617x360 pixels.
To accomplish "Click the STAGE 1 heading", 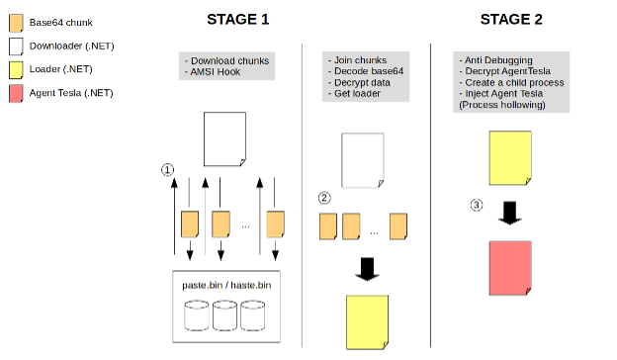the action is coord(237,19).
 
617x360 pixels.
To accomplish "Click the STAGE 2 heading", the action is coord(511,19).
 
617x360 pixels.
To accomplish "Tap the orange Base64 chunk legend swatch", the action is coord(16,23).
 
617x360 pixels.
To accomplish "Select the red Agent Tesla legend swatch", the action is coord(16,94).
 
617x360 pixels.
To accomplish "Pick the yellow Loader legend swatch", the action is coord(16,70).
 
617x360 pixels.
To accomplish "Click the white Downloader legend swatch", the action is coord(16,46).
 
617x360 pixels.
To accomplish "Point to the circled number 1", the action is coord(168,169).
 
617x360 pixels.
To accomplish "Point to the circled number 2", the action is coord(324,198).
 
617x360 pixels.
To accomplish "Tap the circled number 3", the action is coord(477,205).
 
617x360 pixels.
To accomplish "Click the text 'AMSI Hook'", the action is coord(216,72).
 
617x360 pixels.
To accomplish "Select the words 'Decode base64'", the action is coord(369,71).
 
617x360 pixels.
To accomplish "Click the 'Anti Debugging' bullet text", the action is coord(498,60).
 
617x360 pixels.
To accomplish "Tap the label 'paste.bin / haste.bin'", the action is coord(226,285).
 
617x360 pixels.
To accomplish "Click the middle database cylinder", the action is coord(224,315).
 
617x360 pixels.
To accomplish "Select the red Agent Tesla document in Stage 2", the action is coord(510,268).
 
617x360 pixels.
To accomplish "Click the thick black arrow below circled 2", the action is coord(367,269).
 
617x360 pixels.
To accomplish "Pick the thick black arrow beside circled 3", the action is coord(510,213).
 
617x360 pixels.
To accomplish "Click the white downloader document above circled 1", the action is coord(224,138).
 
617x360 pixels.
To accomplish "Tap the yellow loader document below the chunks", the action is coord(367,322).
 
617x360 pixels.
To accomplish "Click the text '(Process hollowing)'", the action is coord(502,105).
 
